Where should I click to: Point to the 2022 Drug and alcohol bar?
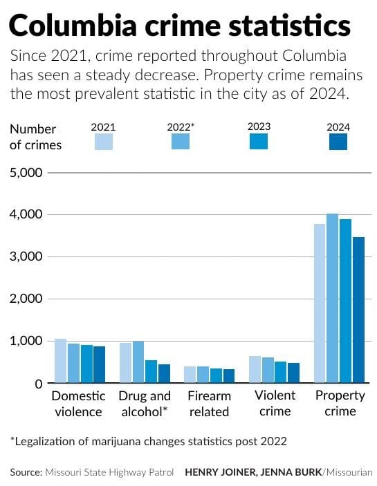138,362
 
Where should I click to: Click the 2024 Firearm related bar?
229,376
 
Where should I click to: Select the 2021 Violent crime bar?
255,369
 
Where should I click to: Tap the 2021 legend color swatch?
103,142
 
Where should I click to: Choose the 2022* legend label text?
181,127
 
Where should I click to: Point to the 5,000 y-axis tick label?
26,172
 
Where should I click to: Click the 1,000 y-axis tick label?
26,341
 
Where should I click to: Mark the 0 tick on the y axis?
38,383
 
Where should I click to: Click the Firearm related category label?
210,404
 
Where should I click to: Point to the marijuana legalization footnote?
148,440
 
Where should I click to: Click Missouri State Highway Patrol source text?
109,472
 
